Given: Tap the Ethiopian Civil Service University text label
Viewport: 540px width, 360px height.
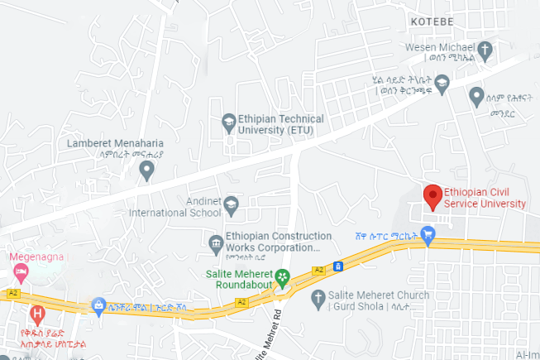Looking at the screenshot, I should (485, 198).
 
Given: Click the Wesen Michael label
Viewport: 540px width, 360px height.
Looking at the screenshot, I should (443, 47).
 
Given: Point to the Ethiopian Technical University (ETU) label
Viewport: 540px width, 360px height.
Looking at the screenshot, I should (280, 124).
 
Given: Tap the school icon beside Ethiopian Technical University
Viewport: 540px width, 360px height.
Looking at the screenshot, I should (228, 124).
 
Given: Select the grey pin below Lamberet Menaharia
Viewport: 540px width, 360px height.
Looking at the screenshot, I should (146, 170).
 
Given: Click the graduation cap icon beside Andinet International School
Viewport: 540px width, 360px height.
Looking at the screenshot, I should (231, 203).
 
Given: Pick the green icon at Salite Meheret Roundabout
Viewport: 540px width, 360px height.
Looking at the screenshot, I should (283, 276).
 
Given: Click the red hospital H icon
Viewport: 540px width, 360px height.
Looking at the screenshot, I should (36, 314).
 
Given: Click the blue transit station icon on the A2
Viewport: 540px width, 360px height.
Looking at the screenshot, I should (337, 266).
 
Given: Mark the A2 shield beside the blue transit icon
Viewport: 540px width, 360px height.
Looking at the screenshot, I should (318, 270).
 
